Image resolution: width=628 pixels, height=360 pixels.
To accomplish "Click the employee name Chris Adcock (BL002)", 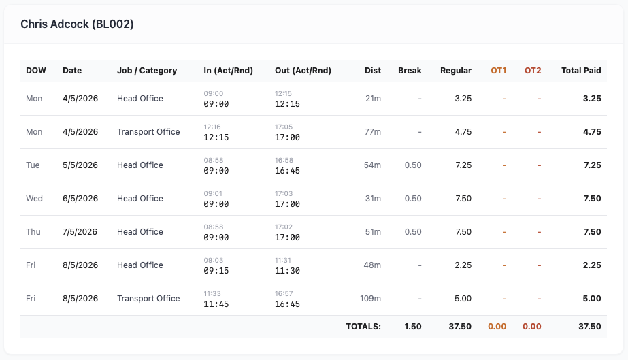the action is tap(77, 24).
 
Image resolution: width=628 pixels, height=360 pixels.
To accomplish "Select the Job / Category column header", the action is tap(147, 71).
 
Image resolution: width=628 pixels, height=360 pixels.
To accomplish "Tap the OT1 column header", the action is tap(499, 71).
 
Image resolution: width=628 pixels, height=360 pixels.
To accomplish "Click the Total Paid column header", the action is tap(581, 71).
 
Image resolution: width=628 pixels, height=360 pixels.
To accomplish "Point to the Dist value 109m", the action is tap(370, 298).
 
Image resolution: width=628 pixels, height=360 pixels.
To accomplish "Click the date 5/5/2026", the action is tap(80, 165).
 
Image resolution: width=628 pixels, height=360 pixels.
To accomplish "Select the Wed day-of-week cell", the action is tap(34, 198).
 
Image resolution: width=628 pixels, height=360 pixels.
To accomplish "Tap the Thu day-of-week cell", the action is tap(33, 231).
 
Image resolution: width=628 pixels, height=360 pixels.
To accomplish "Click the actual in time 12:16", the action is tap(212, 127).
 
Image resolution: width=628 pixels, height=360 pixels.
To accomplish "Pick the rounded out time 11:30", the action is tap(287, 271).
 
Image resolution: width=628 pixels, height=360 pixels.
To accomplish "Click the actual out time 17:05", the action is tap(284, 127).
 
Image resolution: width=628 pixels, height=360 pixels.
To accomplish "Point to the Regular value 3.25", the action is tap(463, 98).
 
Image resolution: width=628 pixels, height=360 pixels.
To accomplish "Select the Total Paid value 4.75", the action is tap(592, 132).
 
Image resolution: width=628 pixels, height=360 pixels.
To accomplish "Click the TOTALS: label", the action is tap(363, 327).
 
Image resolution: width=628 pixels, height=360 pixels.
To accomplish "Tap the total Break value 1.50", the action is tap(412, 327).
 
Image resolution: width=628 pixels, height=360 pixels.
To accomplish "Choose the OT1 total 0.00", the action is tap(497, 327).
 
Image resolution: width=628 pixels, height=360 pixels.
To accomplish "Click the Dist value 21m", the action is tap(373, 98).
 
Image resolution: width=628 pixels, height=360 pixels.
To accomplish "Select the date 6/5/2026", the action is tap(80, 198).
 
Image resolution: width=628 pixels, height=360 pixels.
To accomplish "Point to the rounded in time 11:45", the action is tap(216, 304).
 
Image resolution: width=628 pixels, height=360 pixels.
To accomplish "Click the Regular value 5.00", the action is tap(463, 298).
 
